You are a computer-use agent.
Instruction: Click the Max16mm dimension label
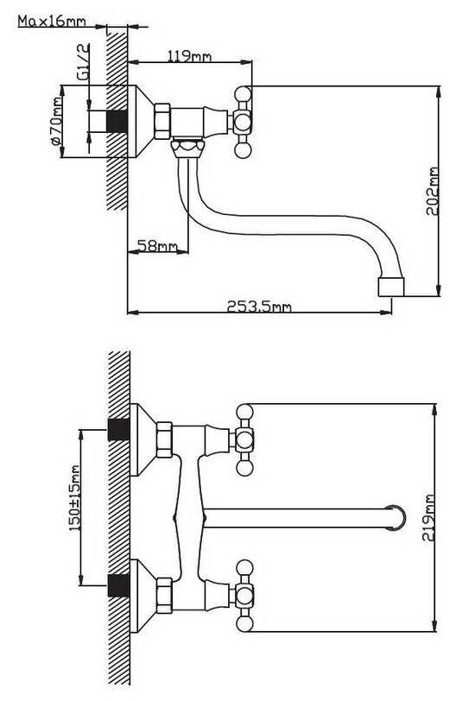pyautogui.click(x=52, y=21)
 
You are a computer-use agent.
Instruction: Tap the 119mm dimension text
pyautogui.click(x=189, y=56)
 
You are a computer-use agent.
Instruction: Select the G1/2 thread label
pyautogui.click(x=84, y=62)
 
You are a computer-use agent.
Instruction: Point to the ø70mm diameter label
pyautogui.click(x=56, y=121)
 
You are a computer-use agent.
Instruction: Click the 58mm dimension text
pyautogui.click(x=157, y=245)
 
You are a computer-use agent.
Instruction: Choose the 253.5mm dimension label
pyautogui.click(x=259, y=306)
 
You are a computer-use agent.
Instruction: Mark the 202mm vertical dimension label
pyautogui.click(x=432, y=192)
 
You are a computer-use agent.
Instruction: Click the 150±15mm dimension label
pyautogui.click(x=74, y=498)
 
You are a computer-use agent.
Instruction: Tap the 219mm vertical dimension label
pyautogui.click(x=428, y=518)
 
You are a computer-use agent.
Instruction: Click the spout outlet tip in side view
pyautogui.click(x=391, y=287)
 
